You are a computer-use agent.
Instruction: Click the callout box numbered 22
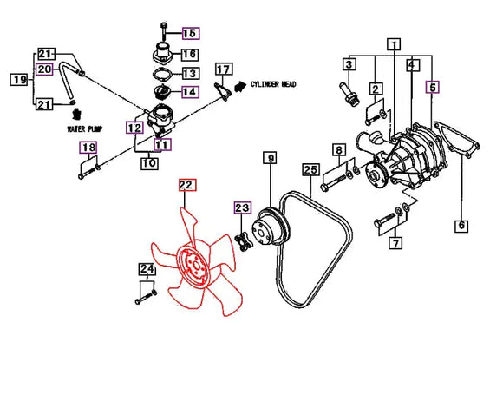coord(187,185)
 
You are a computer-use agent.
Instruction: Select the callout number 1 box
coord(394,44)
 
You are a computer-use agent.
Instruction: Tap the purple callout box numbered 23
coord(243,207)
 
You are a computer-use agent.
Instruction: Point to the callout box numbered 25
coord(310,170)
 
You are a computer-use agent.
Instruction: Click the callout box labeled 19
coord(19,79)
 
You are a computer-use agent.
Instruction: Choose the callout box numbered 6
coord(461,226)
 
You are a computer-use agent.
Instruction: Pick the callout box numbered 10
coord(149,163)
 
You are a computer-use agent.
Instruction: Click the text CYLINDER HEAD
coord(273,84)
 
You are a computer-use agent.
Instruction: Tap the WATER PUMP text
coord(84,129)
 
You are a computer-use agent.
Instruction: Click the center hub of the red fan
coord(194,265)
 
